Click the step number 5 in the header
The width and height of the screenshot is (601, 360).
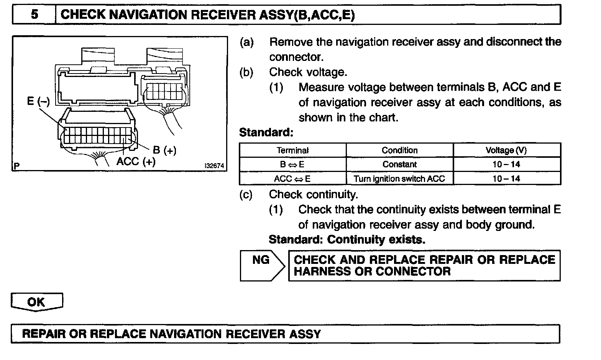pyautogui.click(x=34, y=15)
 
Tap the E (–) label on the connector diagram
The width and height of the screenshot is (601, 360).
pyautogui.click(x=38, y=101)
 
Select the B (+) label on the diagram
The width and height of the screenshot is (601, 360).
pyautogui.click(x=165, y=150)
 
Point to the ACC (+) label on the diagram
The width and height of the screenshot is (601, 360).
pyautogui.click(x=136, y=162)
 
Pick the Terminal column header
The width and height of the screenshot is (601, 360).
pyautogui.click(x=292, y=151)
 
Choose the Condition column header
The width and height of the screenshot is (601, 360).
pyautogui.click(x=399, y=151)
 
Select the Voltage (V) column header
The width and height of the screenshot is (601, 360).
pyautogui.click(x=506, y=151)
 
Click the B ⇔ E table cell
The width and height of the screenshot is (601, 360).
pyautogui.click(x=292, y=164)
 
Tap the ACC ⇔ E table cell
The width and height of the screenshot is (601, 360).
pyautogui.click(x=292, y=178)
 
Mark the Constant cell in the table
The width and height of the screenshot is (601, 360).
pyautogui.click(x=399, y=164)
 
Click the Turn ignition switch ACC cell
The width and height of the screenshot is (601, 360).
pyautogui.click(x=399, y=178)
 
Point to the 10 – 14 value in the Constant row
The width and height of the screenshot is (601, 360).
pyautogui.click(x=506, y=164)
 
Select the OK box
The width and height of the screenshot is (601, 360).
pyautogui.click(x=36, y=302)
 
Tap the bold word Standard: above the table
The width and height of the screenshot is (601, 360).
pyautogui.click(x=266, y=133)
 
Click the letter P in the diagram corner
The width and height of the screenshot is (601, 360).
pyautogui.click(x=16, y=166)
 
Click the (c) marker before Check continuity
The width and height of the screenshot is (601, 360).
pyautogui.click(x=246, y=195)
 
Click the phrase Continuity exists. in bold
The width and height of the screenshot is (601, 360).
pyautogui.click(x=376, y=240)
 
